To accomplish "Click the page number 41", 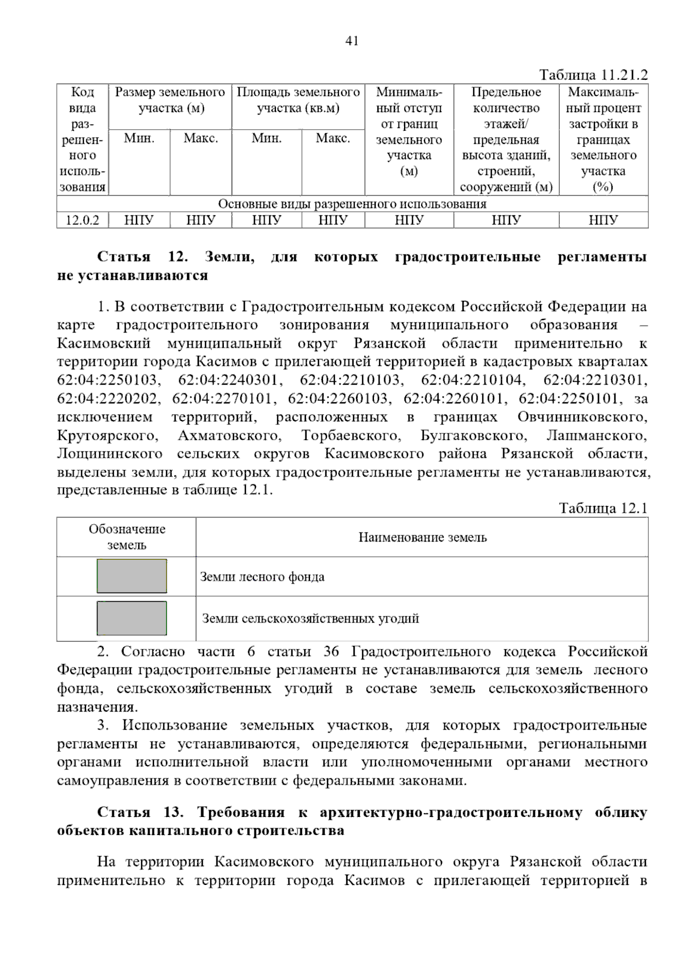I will [x=351, y=41].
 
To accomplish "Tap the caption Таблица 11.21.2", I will [x=593, y=75].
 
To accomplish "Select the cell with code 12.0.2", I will [x=83, y=220].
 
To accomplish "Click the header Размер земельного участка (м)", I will [x=170, y=100].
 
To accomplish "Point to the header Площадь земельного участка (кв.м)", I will [x=298, y=100].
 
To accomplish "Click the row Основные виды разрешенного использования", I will [x=352, y=204].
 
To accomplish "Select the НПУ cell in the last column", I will [x=603, y=220].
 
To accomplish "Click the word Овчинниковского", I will [x=582, y=418].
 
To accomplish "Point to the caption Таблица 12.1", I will [x=603, y=508].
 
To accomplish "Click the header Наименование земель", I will [x=422, y=537].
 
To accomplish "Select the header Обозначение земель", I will [x=127, y=537].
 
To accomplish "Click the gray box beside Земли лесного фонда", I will [x=132, y=576].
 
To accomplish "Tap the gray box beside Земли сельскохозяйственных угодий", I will [x=132, y=618].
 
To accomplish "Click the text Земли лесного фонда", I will [x=262, y=577].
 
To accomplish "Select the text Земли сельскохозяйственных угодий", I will [x=311, y=619].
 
